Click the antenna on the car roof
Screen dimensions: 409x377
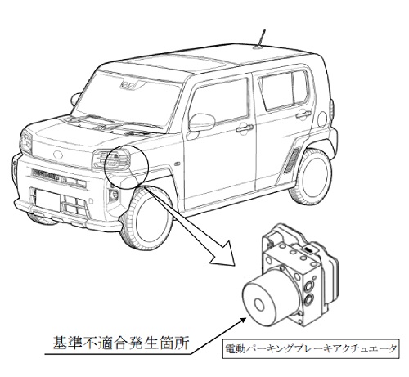260,39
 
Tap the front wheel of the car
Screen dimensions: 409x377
147,218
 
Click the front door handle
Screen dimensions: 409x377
245,128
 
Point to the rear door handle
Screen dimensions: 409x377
303,114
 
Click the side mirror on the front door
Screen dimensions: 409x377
202,123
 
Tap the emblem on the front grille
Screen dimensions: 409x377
58,155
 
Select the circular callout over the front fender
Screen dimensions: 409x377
126,167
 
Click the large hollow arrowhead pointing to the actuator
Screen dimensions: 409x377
223,255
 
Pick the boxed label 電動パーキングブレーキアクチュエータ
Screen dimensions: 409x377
311,348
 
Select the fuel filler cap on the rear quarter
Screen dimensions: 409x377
322,119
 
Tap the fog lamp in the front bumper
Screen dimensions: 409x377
113,195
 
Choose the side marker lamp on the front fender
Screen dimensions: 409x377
178,164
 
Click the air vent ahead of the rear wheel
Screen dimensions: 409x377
291,160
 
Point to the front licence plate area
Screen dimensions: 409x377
47,200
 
